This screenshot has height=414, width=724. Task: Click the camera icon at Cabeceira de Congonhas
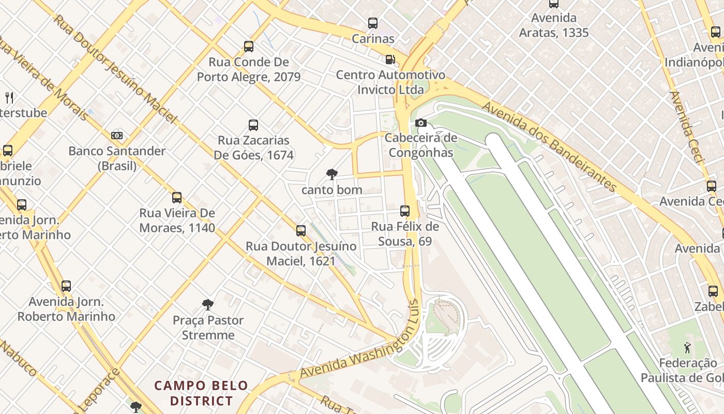[421, 123]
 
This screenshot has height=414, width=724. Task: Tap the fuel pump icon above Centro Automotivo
[390, 60]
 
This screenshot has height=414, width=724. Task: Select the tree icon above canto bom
[332, 174]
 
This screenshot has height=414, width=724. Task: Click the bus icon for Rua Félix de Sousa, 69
[405, 211]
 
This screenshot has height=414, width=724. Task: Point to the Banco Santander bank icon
[117, 136]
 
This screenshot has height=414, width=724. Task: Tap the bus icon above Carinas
[373, 23]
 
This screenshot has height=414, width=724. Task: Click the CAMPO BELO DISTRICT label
[202, 393]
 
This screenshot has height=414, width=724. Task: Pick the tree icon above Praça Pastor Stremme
[208, 304]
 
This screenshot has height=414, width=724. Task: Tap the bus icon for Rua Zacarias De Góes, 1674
[253, 125]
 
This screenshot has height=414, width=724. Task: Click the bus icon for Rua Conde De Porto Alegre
[249, 47]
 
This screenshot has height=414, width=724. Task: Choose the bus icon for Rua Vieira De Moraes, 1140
[177, 198]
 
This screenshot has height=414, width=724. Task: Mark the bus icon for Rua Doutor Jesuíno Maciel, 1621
[301, 231]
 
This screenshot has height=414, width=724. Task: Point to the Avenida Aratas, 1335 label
[554, 25]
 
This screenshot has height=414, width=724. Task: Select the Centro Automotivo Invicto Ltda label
[390, 82]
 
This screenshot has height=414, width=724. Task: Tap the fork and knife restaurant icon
[9, 97]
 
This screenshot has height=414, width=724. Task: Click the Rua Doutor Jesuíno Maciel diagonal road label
[115, 70]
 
